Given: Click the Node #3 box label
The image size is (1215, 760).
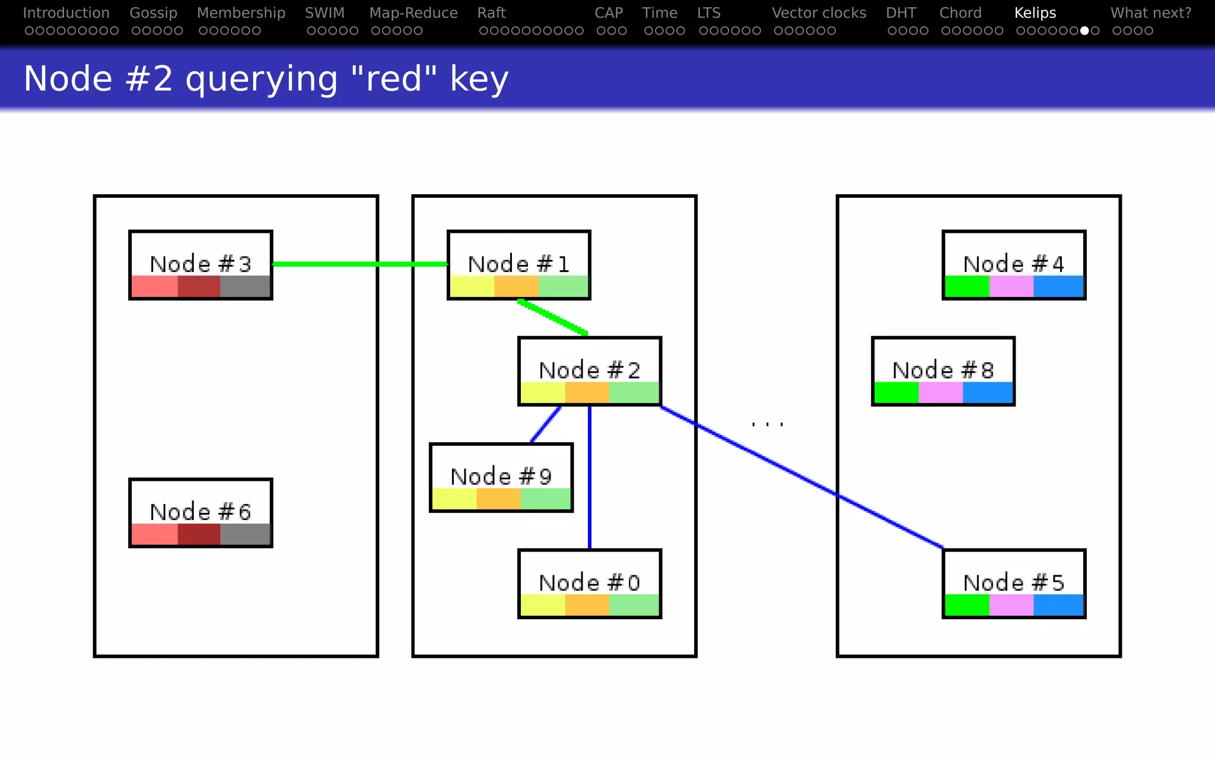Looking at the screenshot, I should [201, 264].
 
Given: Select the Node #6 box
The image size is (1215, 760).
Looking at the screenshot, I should [201, 512].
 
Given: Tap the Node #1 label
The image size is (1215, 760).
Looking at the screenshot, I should [519, 264].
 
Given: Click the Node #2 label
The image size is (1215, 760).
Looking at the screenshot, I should [589, 370].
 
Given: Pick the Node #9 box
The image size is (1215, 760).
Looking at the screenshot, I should [501, 477].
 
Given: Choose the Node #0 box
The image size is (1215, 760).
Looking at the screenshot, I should [589, 583].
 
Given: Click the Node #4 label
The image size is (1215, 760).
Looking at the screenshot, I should [1013, 264].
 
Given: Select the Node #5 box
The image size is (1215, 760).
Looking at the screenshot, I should [1013, 583].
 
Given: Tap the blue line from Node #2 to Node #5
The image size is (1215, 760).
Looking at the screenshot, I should [801, 477].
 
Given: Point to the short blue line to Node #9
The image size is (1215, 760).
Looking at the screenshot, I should [545, 425].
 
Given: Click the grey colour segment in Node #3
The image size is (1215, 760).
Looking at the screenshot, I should [245, 287].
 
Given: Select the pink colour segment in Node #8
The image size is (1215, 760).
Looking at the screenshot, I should [940, 392].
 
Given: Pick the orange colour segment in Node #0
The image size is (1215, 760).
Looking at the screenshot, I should [587, 605].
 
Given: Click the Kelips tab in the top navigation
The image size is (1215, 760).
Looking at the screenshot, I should [1035, 13].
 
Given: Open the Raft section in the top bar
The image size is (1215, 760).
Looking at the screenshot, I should [491, 13].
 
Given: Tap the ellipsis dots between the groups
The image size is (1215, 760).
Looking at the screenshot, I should [767, 424].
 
